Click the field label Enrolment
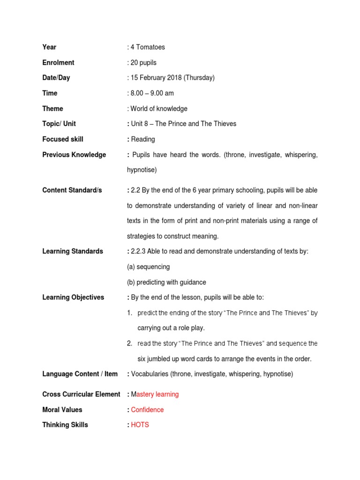[58, 62]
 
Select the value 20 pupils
[143, 62]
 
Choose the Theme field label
[52, 108]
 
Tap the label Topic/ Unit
[59, 124]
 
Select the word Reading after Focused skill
[143, 139]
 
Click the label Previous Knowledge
[74, 155]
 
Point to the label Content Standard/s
[72, 190]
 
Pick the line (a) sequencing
[148, 267]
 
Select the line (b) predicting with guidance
[166, 282]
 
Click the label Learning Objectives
[73, 297]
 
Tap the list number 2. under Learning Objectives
[129, 344]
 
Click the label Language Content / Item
[80, 374]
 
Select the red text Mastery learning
[155, 394]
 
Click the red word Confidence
[147, 410]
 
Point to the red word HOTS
[140, 425]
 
